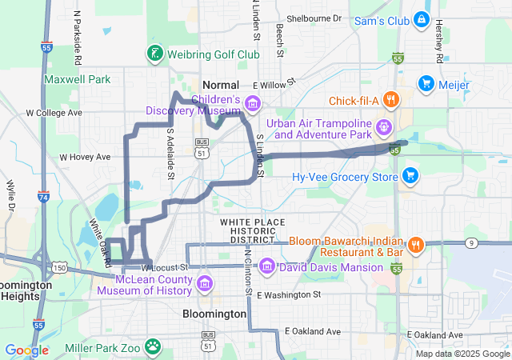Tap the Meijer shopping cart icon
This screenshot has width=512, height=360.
coord(426,82)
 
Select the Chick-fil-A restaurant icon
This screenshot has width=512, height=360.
coord(390,100)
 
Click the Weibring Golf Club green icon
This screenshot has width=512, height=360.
coord(153,54)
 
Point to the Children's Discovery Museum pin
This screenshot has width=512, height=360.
coord(253,102)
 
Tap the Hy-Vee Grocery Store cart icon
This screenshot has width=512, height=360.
coord(410,175)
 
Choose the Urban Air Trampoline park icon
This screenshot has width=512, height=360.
coord(384,126)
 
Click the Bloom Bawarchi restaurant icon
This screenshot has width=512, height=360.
coord(415,244)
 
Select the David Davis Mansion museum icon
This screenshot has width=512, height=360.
coord(267,266)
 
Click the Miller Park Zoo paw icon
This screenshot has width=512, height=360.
coord(153,346)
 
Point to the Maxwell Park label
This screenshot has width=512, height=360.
coord(78,79)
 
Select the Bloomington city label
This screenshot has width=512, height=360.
coord(214,314)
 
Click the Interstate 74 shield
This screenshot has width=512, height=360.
coord(43,197)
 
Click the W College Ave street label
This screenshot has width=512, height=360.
coord(54,113)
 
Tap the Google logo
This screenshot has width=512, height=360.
coord(26,350)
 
